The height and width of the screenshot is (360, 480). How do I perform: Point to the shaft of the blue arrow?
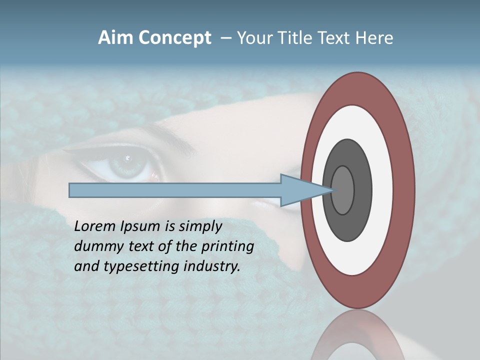175,190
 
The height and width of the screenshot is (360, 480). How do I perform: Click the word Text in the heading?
333,38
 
